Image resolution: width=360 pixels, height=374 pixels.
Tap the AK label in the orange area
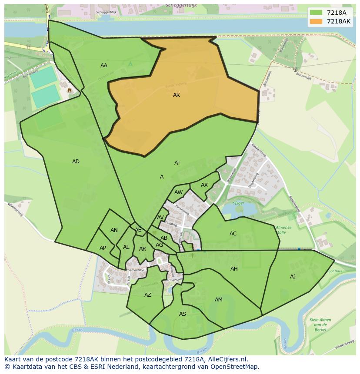coord(177,95)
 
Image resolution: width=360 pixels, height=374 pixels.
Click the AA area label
coord(104,66)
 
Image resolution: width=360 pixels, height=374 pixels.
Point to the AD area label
coord(76,162)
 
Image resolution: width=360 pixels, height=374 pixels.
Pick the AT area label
coord(177,163)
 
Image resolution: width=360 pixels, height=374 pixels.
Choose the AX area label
coord(204,185)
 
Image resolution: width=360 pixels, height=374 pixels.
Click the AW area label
coord(179,192)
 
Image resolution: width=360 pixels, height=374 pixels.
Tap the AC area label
coord(233,234)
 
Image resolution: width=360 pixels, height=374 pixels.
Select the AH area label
coord(234,269)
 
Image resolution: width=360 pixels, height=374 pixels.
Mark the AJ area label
coord(293,276)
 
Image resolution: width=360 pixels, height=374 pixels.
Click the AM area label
coord(219,300)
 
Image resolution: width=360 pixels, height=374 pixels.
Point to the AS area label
coord(183,314)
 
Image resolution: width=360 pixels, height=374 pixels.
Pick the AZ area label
coord(148,295)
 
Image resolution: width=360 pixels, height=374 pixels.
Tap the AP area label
coord(103,248)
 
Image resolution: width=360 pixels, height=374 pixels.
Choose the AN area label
coord(114,230)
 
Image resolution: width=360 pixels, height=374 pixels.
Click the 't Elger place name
coord(237,203)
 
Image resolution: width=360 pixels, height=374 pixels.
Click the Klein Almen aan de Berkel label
coord(320,324)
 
